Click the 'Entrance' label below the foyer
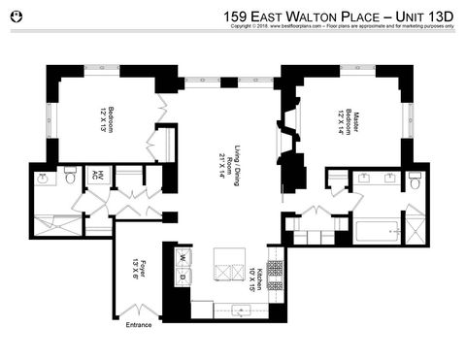click(139, 325)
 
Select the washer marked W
click(180, 259)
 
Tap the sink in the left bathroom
click(44, 179)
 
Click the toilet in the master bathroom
click(415, 180)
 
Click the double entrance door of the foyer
click(139, 310)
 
